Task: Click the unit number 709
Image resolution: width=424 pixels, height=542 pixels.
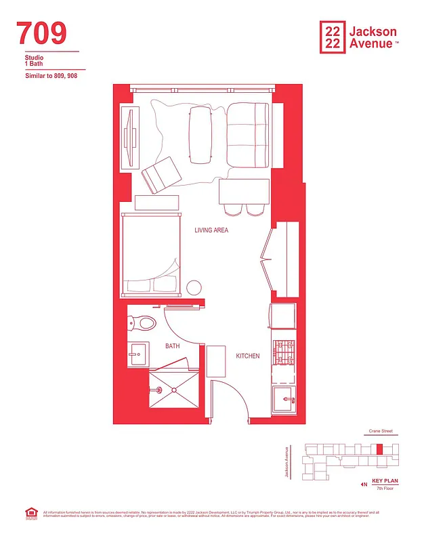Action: (x=42, y=33)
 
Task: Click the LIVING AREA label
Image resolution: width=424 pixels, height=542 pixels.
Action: (x=211, y=230)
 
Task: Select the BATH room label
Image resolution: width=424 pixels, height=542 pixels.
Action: (x=173, y=346)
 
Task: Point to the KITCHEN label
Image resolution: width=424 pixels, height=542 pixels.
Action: (x=247, y=356)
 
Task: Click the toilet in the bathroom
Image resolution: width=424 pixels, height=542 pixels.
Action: (x=144, y=323)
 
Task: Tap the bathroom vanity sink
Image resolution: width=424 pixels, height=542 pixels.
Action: (x=140, y=352)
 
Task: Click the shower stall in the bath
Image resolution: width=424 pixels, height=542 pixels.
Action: (x=173, y=390)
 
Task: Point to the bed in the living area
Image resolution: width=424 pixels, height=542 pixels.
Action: (x=152, y=255)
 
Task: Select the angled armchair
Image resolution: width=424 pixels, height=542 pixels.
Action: (x=161, y=174)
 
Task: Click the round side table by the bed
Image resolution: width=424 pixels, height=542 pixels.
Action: (x=194, y=287)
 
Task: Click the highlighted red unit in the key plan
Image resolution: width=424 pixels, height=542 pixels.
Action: (x=379, y=449)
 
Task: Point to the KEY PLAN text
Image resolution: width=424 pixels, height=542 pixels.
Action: (x=385, y=480)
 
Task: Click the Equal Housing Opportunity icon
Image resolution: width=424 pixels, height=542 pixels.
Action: (x=30, y=514)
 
